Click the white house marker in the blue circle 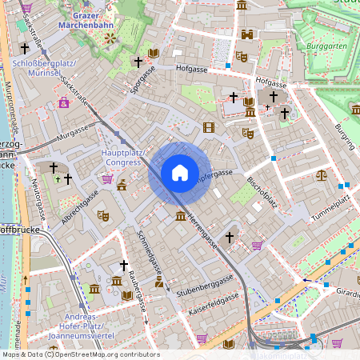coord(179,173)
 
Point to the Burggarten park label coord(324,46)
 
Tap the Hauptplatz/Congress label coord(123,157)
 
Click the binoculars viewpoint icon coord(248,35)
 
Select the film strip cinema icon coord(209,127)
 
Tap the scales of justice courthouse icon coord(322,174)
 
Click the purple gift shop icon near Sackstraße coord(63,102)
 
